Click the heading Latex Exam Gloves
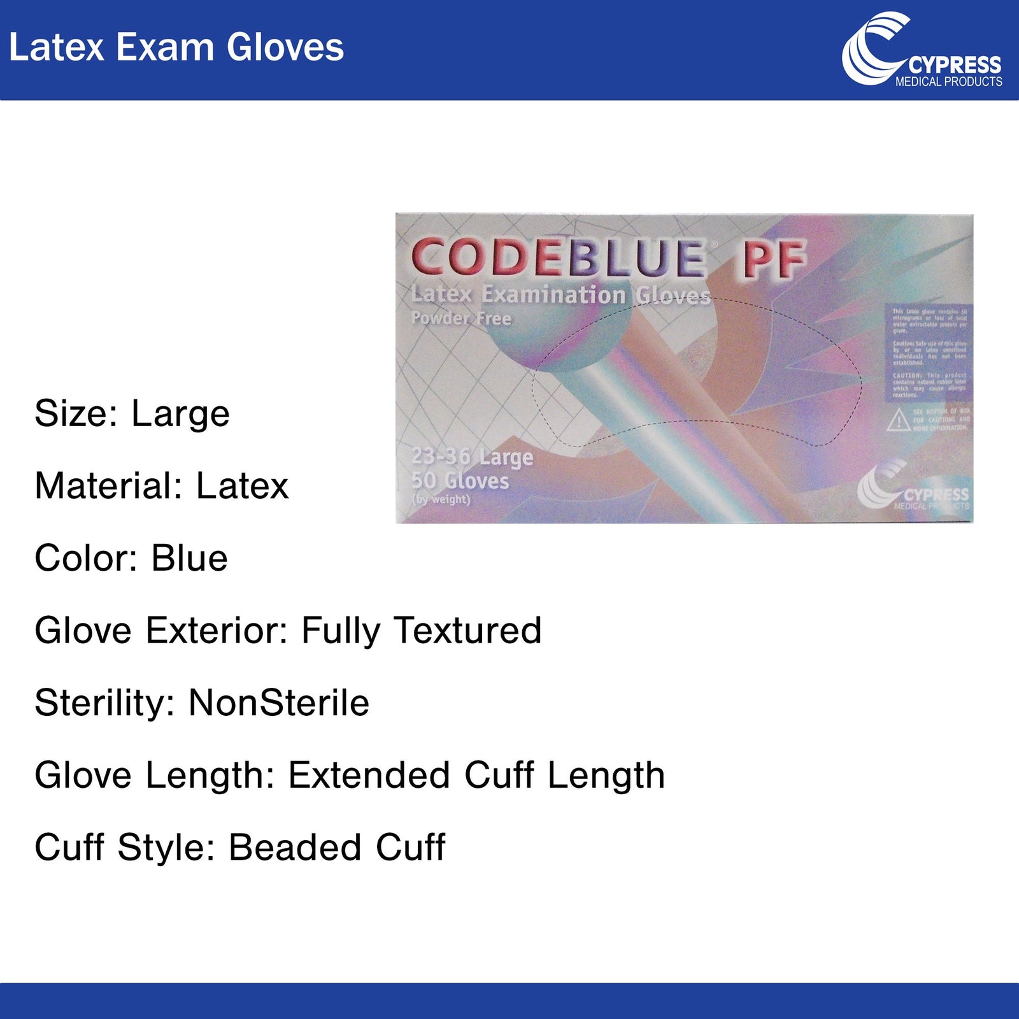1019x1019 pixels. tap(176, 48)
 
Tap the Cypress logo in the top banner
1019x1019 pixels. tap(921, 50)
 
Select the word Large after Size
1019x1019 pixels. tap(180, 414)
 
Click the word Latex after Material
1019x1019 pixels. tap(242, 486)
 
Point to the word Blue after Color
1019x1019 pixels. tap(189, 559)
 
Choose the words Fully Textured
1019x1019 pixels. tap(421, 631)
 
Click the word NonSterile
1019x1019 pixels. tap(278, 703)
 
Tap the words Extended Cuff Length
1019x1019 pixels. tap(476, 775)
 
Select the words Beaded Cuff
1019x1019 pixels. tap(337, 848)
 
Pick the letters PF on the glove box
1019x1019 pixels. tap(772, 260)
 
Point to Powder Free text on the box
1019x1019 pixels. tap(461, 318)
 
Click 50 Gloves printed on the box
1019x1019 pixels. tap(460, 480)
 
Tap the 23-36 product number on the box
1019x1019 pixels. tap(441, 457)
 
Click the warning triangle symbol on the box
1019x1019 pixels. tap(898, 420)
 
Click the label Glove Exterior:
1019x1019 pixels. tap(162, 631)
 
